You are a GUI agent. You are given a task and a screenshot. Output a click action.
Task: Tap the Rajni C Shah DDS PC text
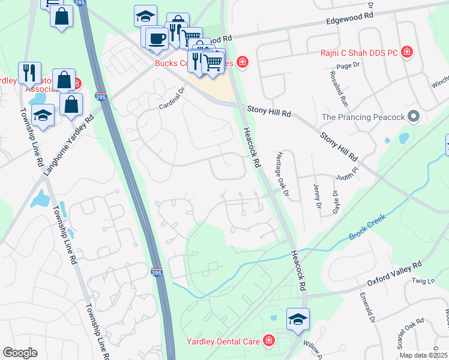[359, 53]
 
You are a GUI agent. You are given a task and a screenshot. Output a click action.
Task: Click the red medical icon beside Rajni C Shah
[408, 52]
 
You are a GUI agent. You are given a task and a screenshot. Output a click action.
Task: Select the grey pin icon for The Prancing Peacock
[413, 116]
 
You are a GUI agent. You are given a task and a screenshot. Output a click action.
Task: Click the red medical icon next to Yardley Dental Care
[268, 341]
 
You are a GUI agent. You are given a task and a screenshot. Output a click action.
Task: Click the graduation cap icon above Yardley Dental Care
[298, 319]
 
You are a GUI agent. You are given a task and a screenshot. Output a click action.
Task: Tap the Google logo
[20, 353]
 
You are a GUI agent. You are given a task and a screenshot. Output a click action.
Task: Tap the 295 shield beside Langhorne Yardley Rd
[101, 97]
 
